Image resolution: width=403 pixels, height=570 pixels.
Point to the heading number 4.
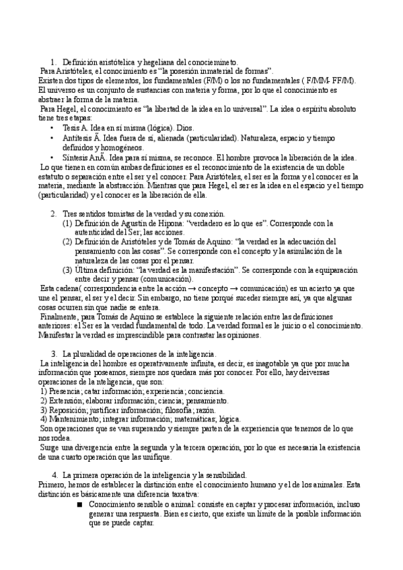pyautogui.click(x=54, y=475)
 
